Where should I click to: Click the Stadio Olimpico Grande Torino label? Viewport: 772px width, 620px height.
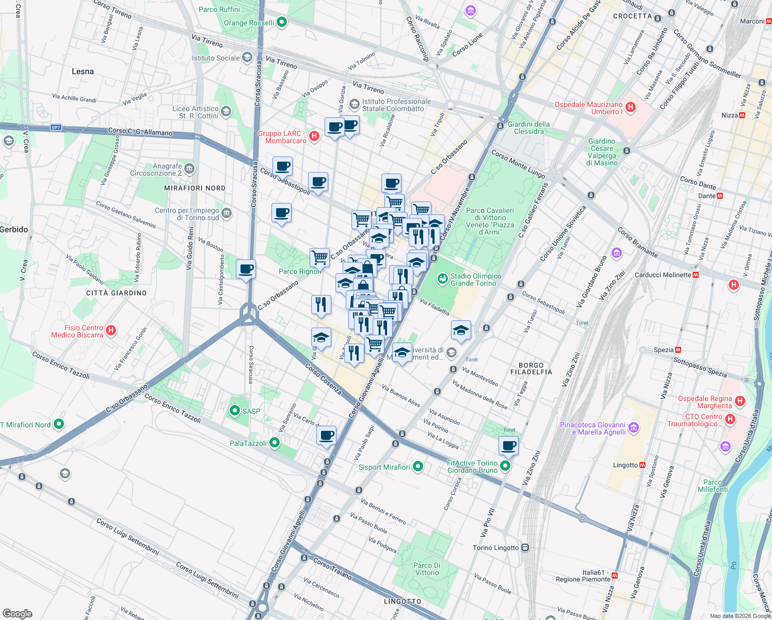point(475,280)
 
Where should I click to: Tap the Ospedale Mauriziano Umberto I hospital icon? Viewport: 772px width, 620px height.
point(630,107)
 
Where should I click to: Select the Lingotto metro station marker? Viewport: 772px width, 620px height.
point(642,465)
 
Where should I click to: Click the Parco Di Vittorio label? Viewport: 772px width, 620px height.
point(427,569)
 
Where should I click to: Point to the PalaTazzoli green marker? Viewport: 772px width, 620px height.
point(275,443)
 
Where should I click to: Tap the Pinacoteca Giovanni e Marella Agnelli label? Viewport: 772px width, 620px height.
point(592,428)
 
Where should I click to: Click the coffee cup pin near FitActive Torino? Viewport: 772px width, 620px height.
point(508,445)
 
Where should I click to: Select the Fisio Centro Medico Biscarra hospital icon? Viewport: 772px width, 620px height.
point(111,330)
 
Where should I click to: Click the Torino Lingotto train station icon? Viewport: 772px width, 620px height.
point(525,548)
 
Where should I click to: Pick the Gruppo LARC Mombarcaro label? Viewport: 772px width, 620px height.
point(282,137)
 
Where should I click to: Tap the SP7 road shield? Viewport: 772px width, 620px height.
point(56,128)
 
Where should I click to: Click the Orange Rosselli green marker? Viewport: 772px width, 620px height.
point(281,22)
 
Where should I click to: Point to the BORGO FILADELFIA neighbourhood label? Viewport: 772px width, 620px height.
point(531,368)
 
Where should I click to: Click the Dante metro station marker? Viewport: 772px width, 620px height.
point(720,196)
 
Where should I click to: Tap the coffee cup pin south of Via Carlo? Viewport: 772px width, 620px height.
point(326,436)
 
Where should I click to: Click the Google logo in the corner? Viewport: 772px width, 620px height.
point(17,613)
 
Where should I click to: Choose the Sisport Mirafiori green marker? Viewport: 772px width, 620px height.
point(418,467)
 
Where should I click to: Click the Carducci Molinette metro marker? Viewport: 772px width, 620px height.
point(696,275)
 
